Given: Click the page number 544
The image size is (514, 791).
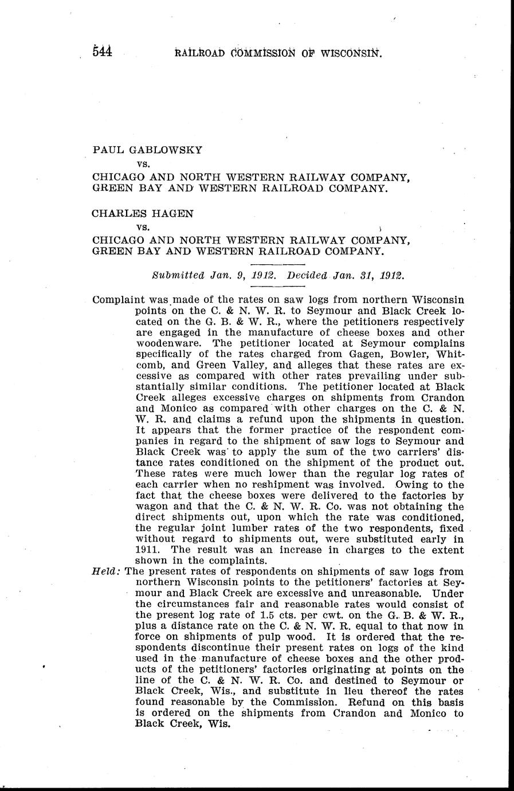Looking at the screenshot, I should tap(103, 52).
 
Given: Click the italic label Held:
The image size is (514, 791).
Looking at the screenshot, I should tap(106, 571).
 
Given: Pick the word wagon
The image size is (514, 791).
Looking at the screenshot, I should tap(151, 507).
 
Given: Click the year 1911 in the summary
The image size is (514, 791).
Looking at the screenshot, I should tap(147, 550).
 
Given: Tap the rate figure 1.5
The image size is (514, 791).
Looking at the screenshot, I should tap(267, 615).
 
